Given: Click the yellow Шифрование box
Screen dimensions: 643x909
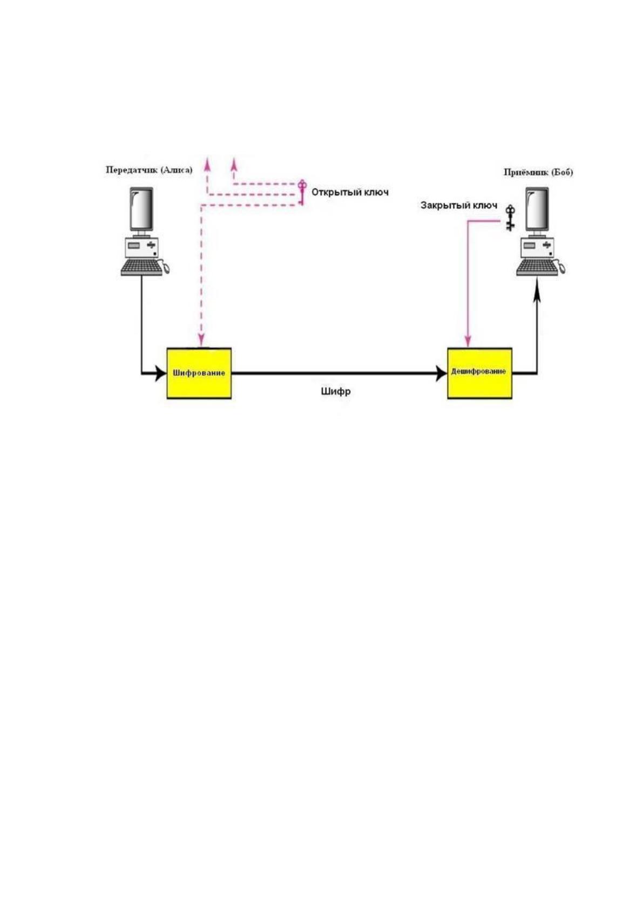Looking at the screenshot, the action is (x=199, y=373).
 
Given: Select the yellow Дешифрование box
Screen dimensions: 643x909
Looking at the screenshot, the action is (x=479, y=373).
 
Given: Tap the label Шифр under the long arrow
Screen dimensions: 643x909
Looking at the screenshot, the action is (x=335, y=391).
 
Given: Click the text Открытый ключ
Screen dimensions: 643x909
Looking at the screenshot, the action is (x=350, y=192).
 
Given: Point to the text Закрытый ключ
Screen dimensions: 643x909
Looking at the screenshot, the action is (x=459, y=205).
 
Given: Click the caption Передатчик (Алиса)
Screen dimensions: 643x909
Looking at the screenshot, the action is (x=148, y=169).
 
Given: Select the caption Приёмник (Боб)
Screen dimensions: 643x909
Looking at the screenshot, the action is (x=538, y=172).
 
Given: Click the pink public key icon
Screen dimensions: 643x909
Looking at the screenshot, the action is (x=302, y=192).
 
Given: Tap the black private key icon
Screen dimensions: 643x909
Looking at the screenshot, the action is (x=510, y=218).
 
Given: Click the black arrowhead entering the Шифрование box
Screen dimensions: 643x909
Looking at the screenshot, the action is (x=161, y=374).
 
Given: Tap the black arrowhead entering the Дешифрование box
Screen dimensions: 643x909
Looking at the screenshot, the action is (x=442, y=374).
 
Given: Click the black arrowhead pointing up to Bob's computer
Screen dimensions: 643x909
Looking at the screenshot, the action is (x=537, y=290).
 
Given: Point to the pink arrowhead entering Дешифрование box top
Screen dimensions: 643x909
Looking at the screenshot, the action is (x=468, y=341).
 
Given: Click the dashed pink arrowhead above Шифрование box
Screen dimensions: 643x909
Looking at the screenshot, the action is (x=201, y=340).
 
